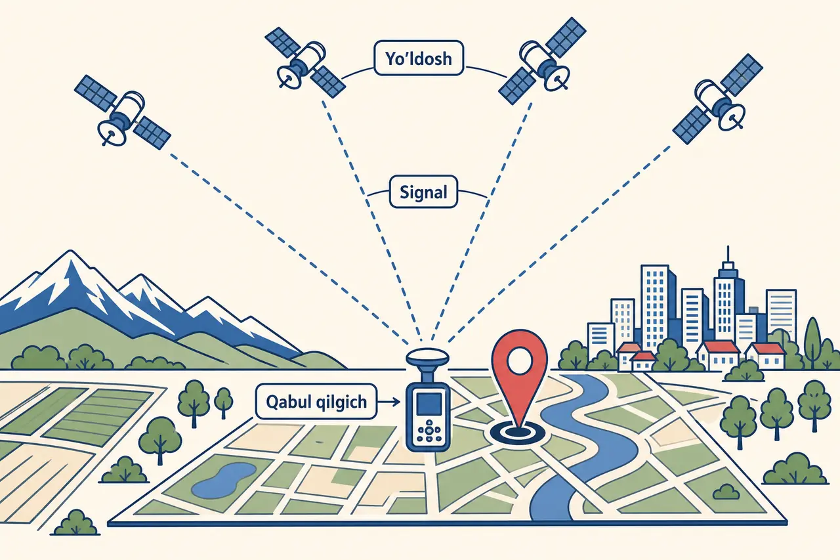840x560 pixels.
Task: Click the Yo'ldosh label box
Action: (419, 58)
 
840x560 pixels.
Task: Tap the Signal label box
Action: (423, 192)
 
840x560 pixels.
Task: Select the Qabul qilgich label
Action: (316, 401)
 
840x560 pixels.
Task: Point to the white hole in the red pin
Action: (519, 360)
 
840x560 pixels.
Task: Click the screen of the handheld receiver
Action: (429, 404)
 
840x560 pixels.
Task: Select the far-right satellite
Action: (717, 98)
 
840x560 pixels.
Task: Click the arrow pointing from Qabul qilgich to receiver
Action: (389, 402)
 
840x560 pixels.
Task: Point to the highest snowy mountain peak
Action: (70, 252)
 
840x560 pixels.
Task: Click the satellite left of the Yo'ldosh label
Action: (305, 62)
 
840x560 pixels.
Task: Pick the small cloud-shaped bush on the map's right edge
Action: (726, 492)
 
